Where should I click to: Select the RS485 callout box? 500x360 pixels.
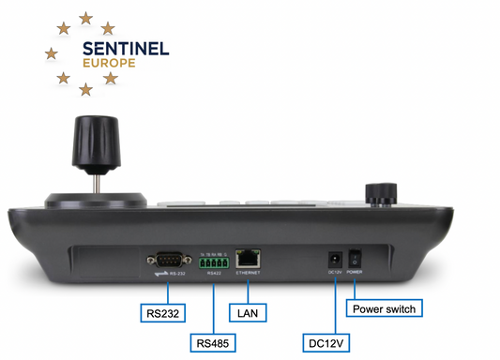[214, 342]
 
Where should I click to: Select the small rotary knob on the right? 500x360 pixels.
[379, 193]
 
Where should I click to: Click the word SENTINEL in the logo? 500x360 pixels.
[126, 49]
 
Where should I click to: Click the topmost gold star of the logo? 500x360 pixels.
[86, 18]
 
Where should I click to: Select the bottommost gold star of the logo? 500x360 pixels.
[85, 90]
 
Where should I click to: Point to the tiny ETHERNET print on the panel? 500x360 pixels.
[248, 272]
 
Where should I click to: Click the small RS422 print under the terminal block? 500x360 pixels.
[213, 272]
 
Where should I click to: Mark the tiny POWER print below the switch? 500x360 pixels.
[354, 272]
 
